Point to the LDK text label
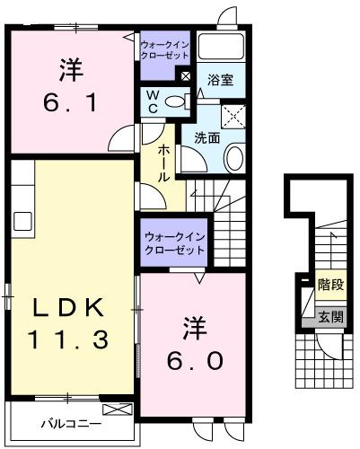click(71, 308)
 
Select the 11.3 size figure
click(71, 339)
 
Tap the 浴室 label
click(220, 80)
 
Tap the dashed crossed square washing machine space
click(236, 116)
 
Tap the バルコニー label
click(69, 425)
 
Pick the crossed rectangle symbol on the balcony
click(123, 410)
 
